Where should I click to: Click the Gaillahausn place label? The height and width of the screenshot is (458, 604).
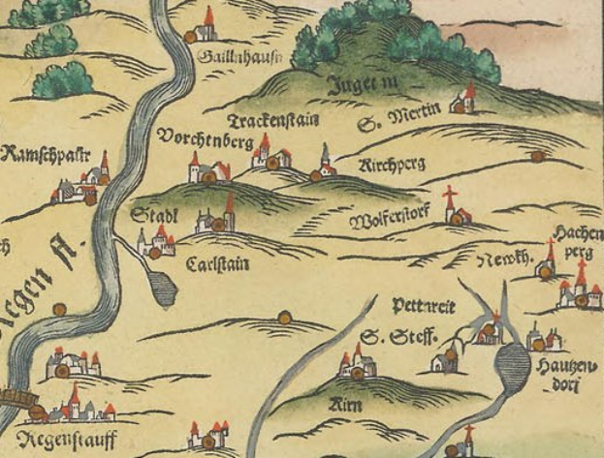click(x=225, y=59)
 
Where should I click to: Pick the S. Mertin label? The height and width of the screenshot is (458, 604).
click(x=398, y=119)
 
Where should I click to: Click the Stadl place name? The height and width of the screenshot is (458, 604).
click(x=153, y=216)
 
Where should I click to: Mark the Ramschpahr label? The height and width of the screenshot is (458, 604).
click(x=46, y=155)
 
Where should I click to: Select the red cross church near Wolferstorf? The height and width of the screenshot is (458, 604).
click(x=453, y=208)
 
